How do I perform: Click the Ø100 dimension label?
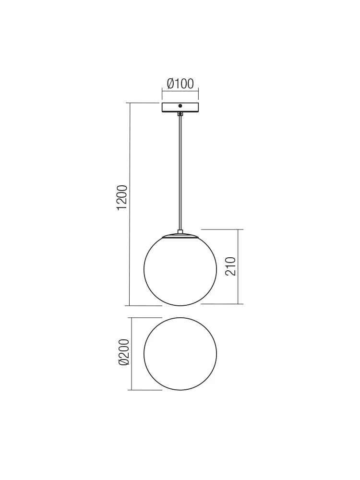(180, 83)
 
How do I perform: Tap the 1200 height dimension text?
(122, 197)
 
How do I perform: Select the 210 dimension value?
(231, 266)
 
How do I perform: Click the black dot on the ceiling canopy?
(180, 106)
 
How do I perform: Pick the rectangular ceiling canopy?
(180, 108)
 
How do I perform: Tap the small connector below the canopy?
(180, 114)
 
